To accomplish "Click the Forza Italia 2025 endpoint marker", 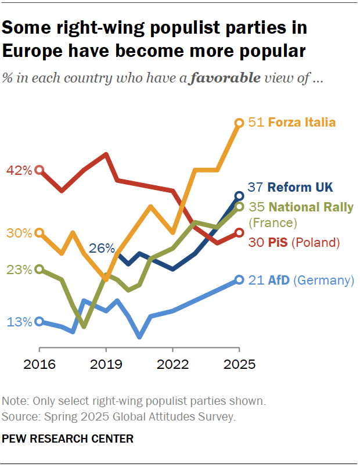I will [x=239, y=123].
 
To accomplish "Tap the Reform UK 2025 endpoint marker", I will [x=239, y=196].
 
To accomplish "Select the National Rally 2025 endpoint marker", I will [x=239, y=207].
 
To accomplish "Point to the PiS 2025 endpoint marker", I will [x=239, y=233].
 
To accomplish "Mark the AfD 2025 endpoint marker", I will [x=239, y=280].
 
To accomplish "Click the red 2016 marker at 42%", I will [x=39, y=170].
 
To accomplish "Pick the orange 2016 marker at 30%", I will [x=39, y=232].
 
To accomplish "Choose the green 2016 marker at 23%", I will [x=39, y=269].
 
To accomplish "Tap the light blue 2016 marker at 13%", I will [x=39, y=321].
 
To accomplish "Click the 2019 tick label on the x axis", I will [x=106, y=365].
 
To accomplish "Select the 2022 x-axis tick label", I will [x=172, y=365].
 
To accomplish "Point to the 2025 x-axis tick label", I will [x=239, y=365].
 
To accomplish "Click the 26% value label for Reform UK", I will [x=102, y=249].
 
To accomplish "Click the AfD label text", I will [x=279, y=280].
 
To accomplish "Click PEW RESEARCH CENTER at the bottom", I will [x=68, y=439].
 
